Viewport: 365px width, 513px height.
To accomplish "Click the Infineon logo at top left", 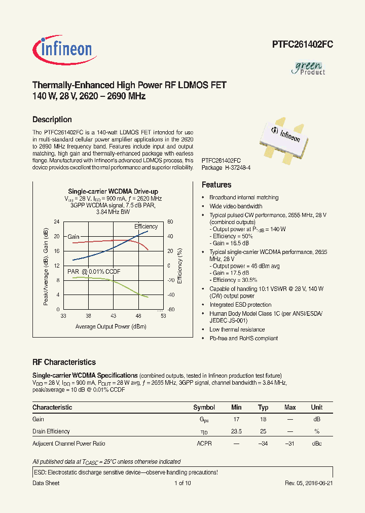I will tap(62, 49).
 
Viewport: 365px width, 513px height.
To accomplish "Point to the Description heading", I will tap(52, 120).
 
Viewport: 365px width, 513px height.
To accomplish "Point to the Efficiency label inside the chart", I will tap(146, 227).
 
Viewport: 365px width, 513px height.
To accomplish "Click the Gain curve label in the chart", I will tap(74, 237).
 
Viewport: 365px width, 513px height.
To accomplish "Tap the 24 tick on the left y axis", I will tap(57, 222).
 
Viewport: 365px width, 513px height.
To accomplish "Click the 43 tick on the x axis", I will tap(113, 316).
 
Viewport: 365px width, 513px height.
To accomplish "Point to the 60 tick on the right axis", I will tap(171, 222).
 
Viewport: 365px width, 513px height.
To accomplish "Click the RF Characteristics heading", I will tap(64, 362).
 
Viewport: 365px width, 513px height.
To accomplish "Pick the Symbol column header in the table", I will tap(204, 408).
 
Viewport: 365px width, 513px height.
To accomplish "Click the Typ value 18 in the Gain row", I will tap(263, 420).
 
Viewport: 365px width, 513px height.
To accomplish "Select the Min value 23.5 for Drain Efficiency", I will tap(236, 431).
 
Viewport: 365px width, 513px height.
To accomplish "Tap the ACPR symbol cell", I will tap(204, 444).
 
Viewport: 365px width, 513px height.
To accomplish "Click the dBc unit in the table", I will tap(317, 444).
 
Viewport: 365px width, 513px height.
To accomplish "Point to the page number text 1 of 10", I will tap(182, 483).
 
